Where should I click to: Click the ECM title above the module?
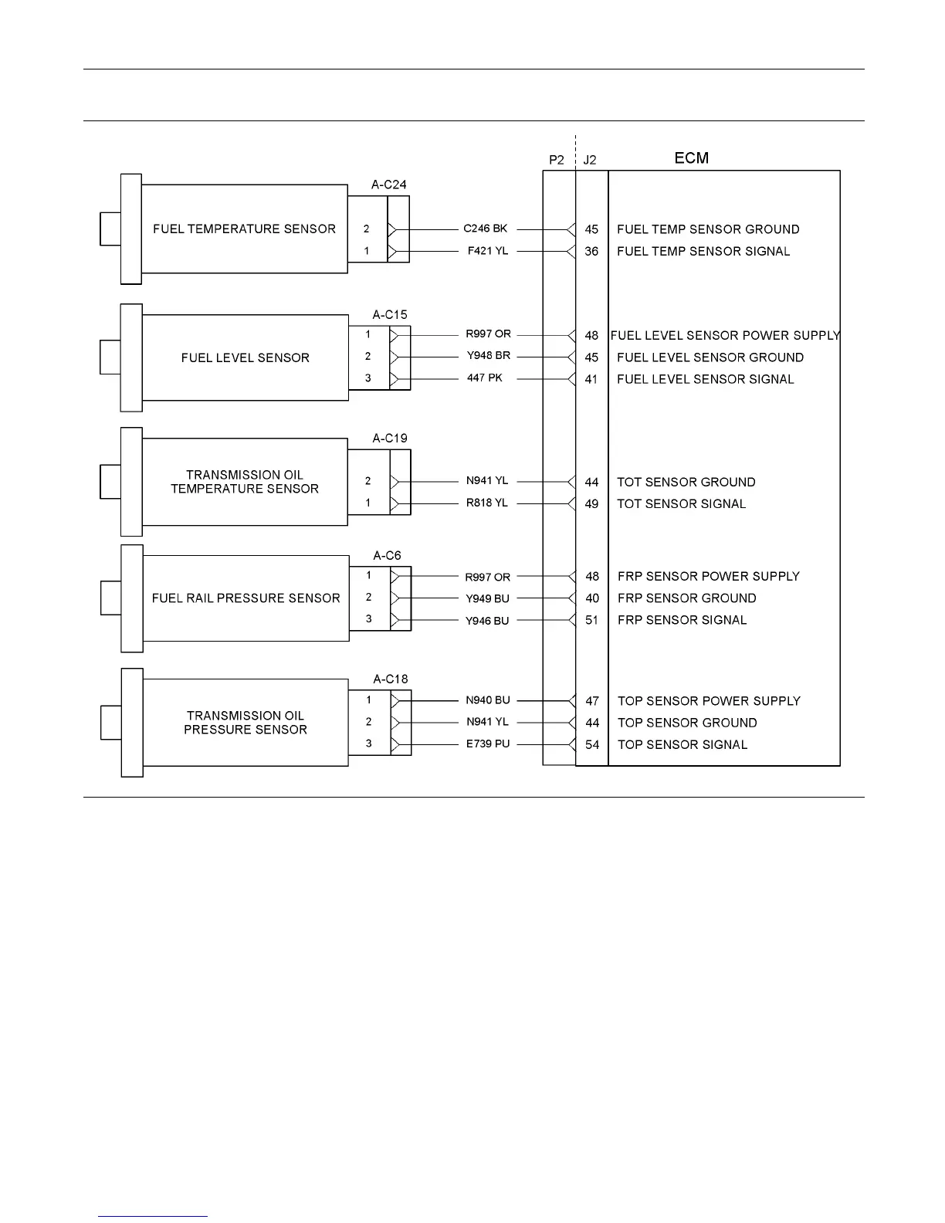tap(691, 158)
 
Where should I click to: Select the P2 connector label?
tap(557, 161)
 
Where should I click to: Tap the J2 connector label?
tap(590, 161)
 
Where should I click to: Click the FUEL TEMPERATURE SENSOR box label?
tap(244, 229)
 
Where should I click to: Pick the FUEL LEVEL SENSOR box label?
tap(245, 358)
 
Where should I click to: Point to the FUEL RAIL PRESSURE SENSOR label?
tap(246, 598)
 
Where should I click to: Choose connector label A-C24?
tap(388, 185)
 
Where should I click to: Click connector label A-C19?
tap(390, 439)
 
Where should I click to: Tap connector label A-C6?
tap(387, 556)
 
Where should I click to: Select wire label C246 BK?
tap(485, 229)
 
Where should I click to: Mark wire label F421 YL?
tap(487, 251)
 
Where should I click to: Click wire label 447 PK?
tap(484, 378)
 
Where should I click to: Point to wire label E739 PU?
tap(487, 744)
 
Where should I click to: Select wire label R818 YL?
tap(486, 503)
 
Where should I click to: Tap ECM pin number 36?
tap(591, 252)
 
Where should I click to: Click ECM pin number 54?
tap(592, 745)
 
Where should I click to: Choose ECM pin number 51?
tap(592, 620)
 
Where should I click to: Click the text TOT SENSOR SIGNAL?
tap(681, 504)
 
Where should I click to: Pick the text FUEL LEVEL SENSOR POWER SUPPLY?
tap(725, 336)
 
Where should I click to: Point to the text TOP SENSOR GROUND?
tap(687, 723)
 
